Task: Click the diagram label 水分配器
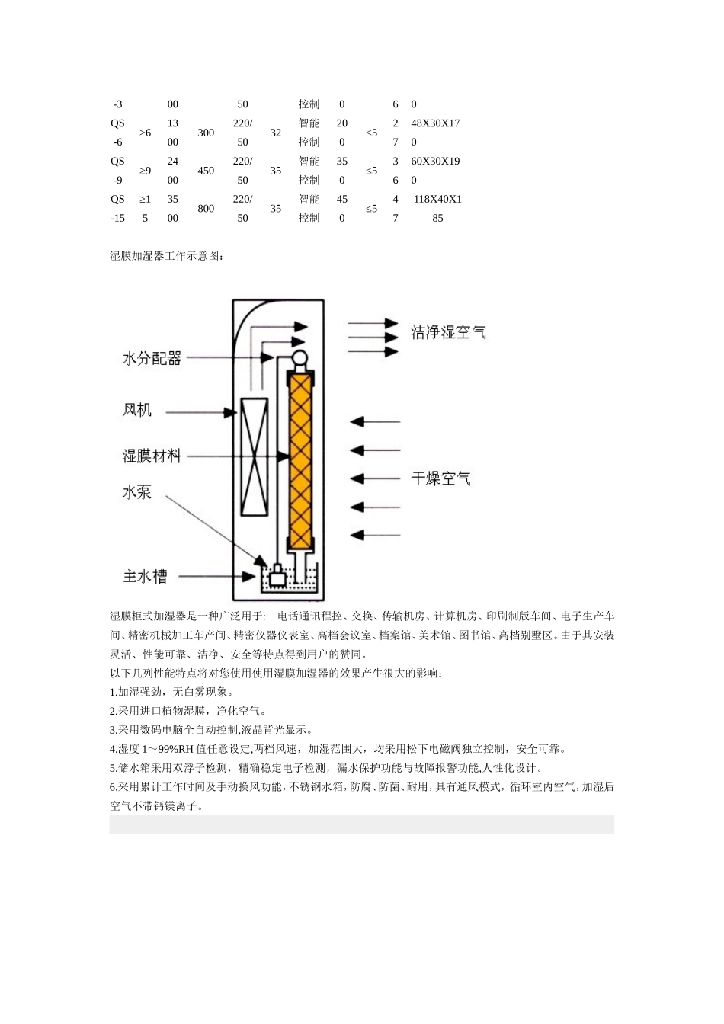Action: tap(152, 358)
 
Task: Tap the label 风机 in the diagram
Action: tap(137, 411)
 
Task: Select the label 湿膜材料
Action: tap(152, 456)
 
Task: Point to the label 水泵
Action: tap(137, 492)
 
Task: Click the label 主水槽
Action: tap(145, 577)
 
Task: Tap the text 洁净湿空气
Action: tap(448, 332)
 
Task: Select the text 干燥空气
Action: tap(440, 478)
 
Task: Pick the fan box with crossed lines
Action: tap(254, 456)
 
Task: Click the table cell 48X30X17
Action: tap(435, 123)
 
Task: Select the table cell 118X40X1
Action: tap(437, 200)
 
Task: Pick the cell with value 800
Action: tap(206, 209)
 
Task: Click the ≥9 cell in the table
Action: tap(145, 171)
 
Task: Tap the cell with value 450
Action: tap(206, 171)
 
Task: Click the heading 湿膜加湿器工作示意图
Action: tap(166, 256)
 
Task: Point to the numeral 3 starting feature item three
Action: tap(113, 730)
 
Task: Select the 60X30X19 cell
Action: tap(435, 162)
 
